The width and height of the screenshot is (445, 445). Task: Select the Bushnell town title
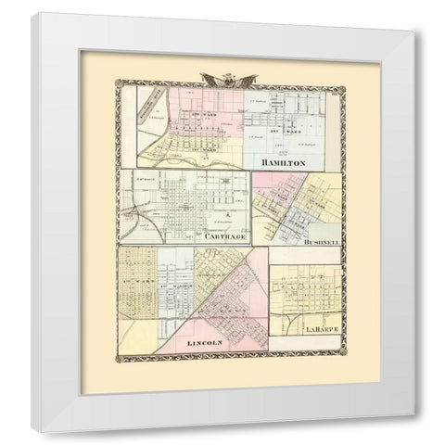tap(321, 241)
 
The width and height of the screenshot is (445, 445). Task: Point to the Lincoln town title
tap(206, 343)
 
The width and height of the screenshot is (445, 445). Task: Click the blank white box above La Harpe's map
tap(306, 255)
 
